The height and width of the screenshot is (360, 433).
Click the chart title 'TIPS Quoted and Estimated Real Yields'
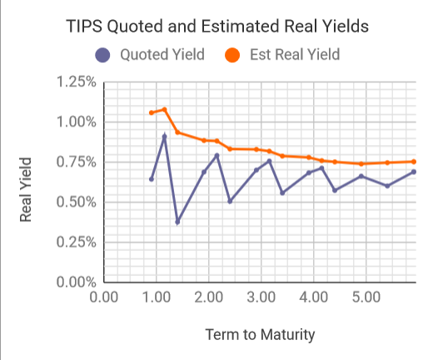pyautogui.click(x=216, y=27)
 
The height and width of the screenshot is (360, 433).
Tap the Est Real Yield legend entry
pyautogui.click(x=282, y=56)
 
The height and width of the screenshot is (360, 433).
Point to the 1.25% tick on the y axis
pyautogui.click(x=75, y=82)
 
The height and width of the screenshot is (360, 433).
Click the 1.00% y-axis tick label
pyautogui.click(x=75, y=122)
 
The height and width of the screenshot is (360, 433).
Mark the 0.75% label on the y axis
pyautogui.click(x=75, y=162)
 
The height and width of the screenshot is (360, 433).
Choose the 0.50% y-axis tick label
pyautogui.click(x=75, y=202)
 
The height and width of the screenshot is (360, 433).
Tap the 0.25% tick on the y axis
pyautogui.click(x=75, y=242)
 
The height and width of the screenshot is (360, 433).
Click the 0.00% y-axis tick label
pyautogui.click(x=75, y=282)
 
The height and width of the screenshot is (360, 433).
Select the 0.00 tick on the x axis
pyautogui.click(x=103, y=297)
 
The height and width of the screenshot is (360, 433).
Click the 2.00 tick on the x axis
pyautogui.click(x=208, y=297)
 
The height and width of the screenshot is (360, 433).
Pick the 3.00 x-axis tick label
pyautogui.click(x=261, y=297)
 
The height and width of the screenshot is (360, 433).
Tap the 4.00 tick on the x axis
pyautogui.click(x=313, y=297)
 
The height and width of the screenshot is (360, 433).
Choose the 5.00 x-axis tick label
pyautogui.click(x=366, y=297)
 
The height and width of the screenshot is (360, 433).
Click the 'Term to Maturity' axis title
pyautogui.click(x=260, y=335)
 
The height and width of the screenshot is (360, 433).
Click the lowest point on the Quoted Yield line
pyautogui.click(x=177, y=222)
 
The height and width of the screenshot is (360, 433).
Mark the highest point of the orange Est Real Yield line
pyautogui.click(x=164, y=109)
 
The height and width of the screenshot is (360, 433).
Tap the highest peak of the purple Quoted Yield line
pyautogui.click(x=164, y=136)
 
